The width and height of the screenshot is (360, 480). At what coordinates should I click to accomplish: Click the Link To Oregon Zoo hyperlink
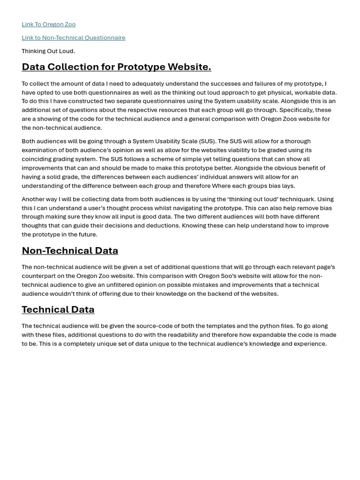[48, 24]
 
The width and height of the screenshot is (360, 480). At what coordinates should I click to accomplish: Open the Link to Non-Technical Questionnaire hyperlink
[73, 37]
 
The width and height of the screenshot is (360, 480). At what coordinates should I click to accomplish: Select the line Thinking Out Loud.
[48, 51]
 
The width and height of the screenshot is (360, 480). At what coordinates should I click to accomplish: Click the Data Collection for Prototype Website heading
[116, 67]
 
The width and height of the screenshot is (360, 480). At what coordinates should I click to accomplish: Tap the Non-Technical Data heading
[70, 250]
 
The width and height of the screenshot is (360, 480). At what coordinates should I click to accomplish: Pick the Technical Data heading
[58, 309]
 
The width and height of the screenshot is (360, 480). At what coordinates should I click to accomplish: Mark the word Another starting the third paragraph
[33, 199]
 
